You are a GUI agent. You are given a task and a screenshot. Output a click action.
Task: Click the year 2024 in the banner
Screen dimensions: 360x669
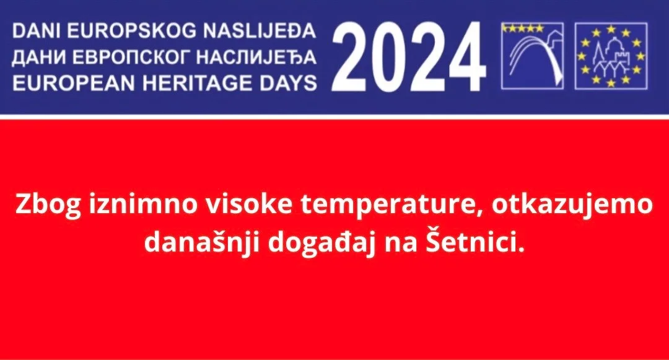coord(411,57)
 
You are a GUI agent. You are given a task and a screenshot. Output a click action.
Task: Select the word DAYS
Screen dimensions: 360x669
coord(284,82)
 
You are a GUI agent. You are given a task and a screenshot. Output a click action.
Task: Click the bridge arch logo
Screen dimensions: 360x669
coord(532,56)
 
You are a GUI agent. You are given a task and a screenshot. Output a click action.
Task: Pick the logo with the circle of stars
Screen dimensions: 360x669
coord(611,56)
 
